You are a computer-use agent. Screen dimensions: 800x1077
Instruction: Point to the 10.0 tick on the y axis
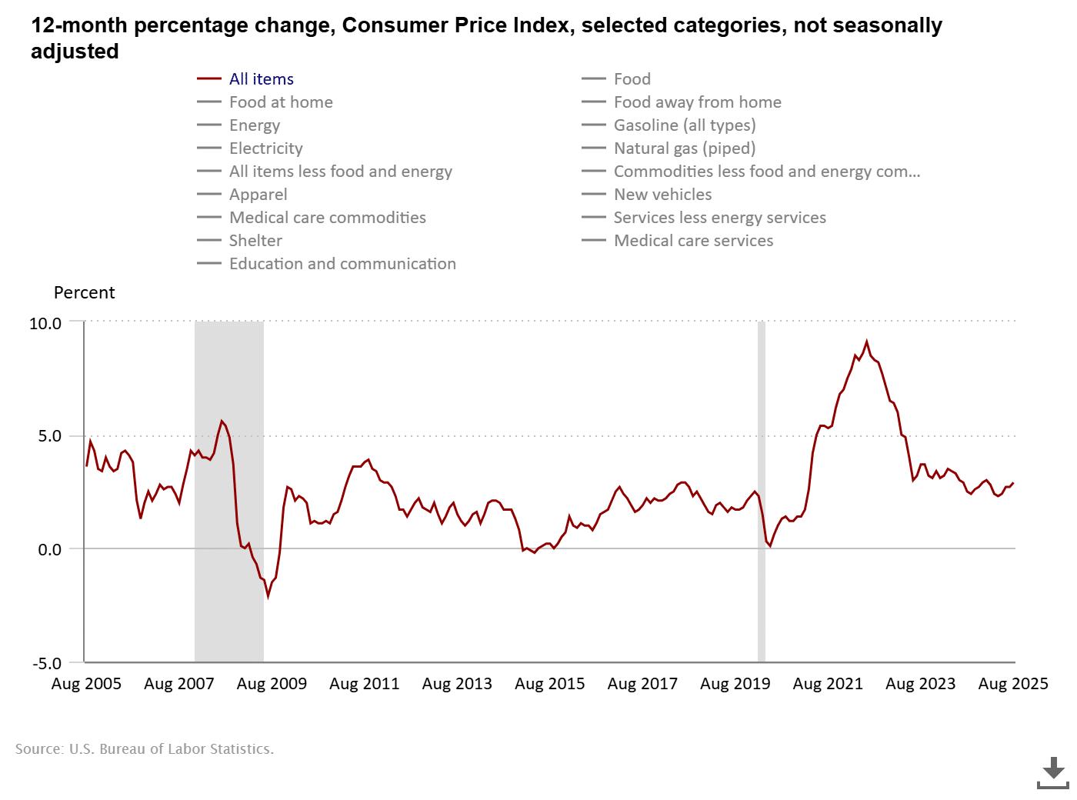[45, 323]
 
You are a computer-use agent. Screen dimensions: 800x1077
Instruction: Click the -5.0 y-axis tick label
[45, 663]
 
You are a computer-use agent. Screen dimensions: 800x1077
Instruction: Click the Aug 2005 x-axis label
[86, 684]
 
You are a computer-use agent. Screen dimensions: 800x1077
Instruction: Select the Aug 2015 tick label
[549, 684]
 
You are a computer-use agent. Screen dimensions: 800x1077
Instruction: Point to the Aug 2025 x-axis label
[1012, 684]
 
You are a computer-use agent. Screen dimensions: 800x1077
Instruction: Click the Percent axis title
[84, 293]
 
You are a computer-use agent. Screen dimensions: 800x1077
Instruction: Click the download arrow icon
[1053, 772]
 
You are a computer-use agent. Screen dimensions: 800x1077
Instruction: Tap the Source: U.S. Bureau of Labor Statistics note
[145, 748]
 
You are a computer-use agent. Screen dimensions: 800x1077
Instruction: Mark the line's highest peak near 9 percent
[867, 342]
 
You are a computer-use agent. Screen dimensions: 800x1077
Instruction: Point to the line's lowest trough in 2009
[268, 596]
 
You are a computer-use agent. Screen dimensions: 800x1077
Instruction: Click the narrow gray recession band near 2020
[762, 492]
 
